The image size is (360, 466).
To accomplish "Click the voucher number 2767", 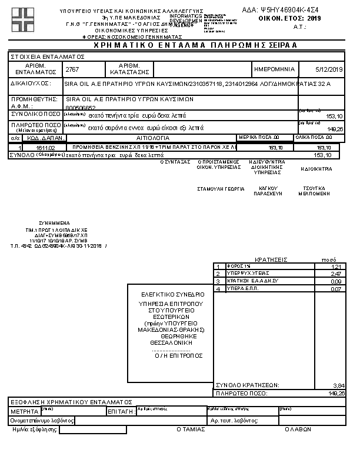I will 72,69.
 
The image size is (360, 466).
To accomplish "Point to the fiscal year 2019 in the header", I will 314,19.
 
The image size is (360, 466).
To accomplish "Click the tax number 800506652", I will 81,108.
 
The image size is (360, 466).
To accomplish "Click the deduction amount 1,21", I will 336,267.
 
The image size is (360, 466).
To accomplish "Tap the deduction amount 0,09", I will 336,281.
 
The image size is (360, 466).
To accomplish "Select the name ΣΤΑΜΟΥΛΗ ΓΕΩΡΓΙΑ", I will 221,190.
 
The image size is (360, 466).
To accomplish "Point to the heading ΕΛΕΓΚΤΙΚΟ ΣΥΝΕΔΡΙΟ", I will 172,294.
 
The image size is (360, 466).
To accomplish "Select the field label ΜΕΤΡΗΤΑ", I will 24,411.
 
